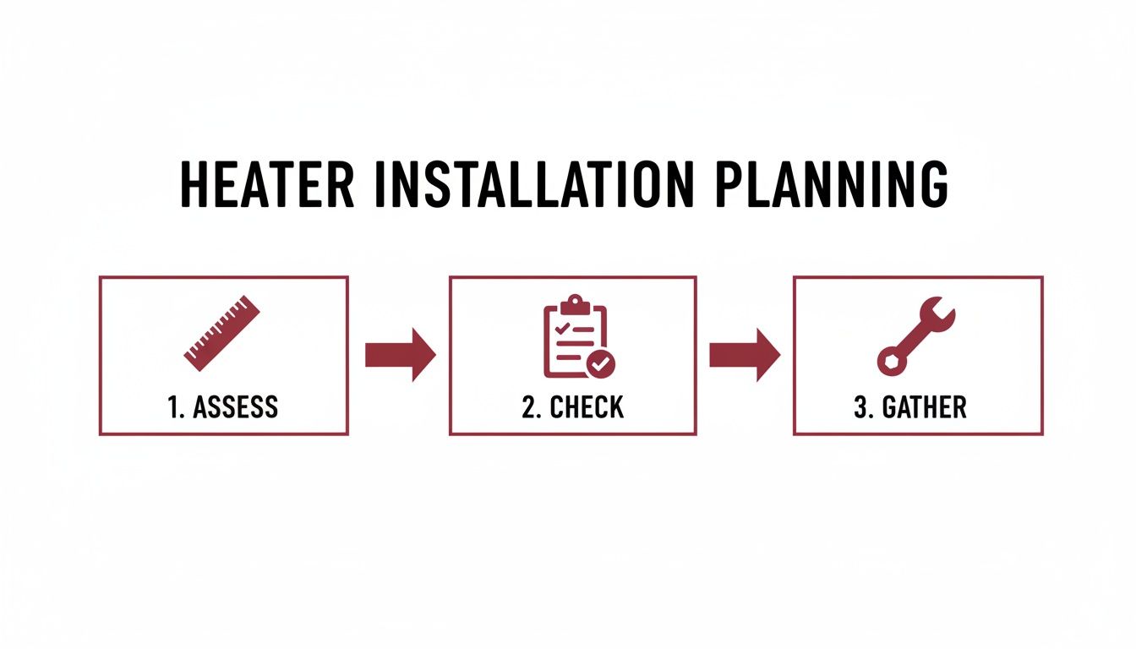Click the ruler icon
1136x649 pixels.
pos(221,332)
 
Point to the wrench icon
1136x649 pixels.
pos(915,335)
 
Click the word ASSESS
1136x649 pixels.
pos(235,407)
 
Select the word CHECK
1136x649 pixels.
pos(587,407)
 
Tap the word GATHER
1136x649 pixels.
pos(924,407)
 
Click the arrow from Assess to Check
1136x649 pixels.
pos(399,354)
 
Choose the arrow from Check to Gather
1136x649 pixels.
pos(743,354)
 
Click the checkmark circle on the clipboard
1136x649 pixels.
pos(602,364)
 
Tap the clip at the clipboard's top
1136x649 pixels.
pos(575,302)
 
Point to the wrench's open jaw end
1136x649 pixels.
pos(939,313)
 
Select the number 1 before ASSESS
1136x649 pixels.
pos(172,407)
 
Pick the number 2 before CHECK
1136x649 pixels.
pos(529,407)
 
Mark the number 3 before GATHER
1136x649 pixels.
pos(861,407)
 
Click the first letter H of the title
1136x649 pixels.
pos(196,185)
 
